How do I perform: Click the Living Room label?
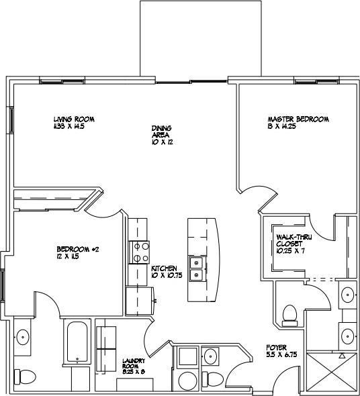(74, 119)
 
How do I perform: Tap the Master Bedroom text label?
(298, 119)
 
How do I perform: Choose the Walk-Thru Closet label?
(291, 240)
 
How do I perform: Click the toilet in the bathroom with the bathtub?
(26, 377)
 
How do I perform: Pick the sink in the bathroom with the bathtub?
(22, 336)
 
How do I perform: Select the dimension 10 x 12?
(162, 143)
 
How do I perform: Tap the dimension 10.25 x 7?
(289, 250)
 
